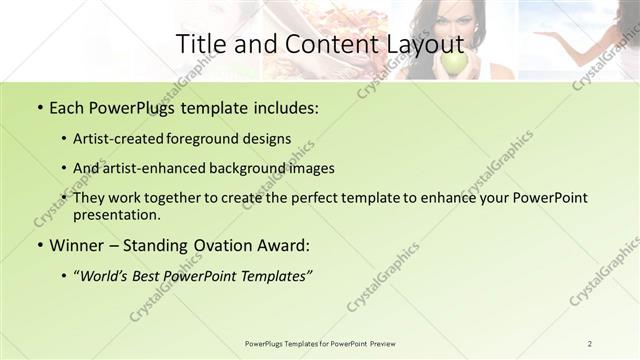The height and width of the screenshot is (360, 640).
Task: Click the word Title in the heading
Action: pos(200,44)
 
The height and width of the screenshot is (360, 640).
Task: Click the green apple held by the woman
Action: pos(454,63)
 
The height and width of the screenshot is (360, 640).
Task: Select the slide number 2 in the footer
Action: pos(590,344)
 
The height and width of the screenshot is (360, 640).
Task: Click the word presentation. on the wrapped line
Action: pos(116,214)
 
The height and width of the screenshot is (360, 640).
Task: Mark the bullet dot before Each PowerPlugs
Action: pos(38,106)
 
